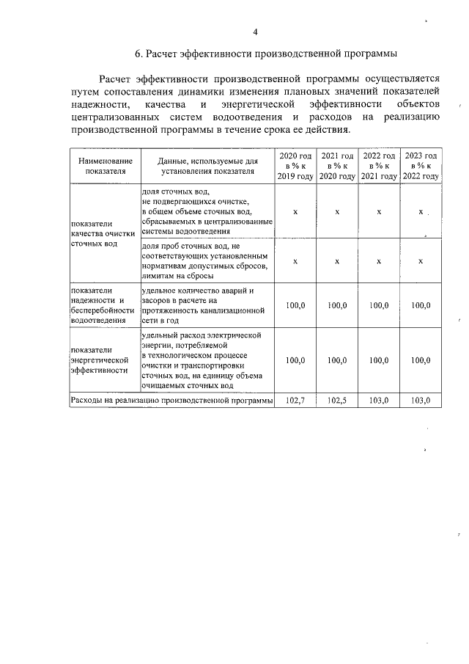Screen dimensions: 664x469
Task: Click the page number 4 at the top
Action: pyautogui.click(x=254, y=32)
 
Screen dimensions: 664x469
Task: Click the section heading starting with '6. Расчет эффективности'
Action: pyautogui.click(x=266, y=54)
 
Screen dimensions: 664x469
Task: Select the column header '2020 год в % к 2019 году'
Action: pyautogui.click(x=295, y=167)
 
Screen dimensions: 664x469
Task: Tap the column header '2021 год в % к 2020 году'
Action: pyautogui.click(x=337, y=167)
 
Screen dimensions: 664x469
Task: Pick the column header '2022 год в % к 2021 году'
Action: pyautogui.click(x=379, y=167)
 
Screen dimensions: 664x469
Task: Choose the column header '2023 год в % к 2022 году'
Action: pyautogui.click(x=421, y=167)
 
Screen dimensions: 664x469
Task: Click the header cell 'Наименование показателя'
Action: pyautogui.click(x=103, y=166)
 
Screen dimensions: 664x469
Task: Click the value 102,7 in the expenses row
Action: pyautogui.click(x=295, y=401)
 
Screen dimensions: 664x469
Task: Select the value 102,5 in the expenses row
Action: pyautogui.click(x=337, y=401)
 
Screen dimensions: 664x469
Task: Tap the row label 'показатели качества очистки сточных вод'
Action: pyautogui.click(x=103, y=233)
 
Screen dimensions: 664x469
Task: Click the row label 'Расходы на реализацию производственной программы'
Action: pyautogui.click(x=171, y=401)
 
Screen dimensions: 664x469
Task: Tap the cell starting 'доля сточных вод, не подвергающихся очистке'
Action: pyautogui.click(x=207, y=211)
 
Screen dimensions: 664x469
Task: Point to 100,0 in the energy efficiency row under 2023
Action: pyautogui.click(x=421, y=360)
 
